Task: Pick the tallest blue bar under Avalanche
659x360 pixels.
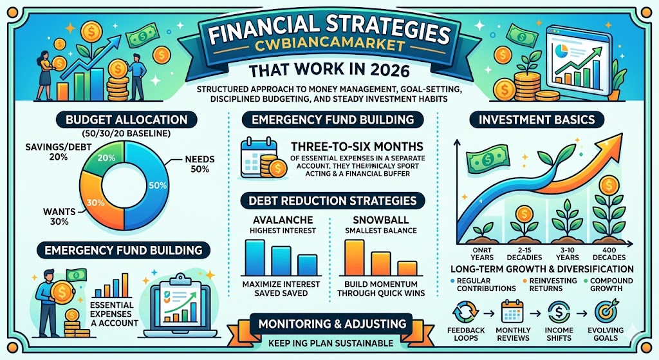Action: coord(255,257)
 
